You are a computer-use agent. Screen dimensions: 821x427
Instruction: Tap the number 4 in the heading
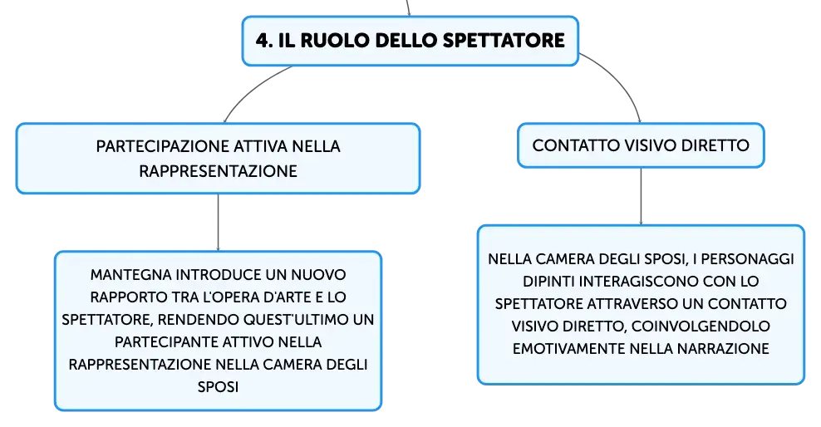(x=262, y=41)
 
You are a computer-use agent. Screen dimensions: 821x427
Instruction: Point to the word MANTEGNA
(x=131, y=275)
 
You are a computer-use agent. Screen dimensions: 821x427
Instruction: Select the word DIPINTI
(x=548, y=282)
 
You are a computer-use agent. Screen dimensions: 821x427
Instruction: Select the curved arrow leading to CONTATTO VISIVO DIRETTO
(x=618, y=81)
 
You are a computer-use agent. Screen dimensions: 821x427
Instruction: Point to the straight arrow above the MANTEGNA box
(x=218, y=223)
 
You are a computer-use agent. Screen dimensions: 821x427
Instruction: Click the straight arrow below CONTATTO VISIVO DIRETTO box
(x=641, y=197)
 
